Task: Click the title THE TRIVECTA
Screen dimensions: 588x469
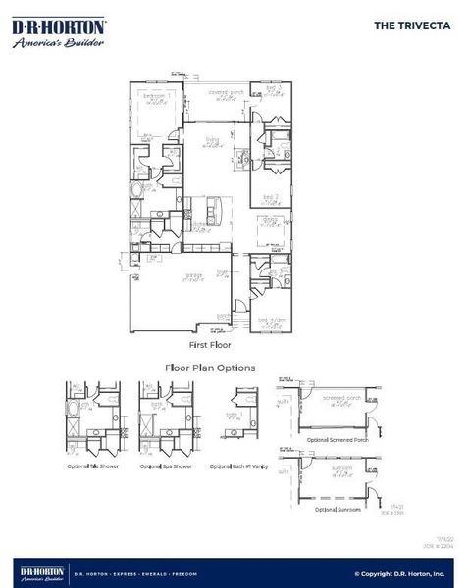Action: (412, 26)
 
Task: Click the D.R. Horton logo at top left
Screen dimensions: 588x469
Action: (60, 32)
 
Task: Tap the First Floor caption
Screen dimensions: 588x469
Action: (210, 346)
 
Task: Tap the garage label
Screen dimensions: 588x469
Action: (192, 275)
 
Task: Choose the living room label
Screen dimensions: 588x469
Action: (211, 140)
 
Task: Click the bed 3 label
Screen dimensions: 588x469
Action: (273, 89)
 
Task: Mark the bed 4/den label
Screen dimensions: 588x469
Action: (271, 319)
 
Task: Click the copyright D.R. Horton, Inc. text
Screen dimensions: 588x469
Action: (399, 574)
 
